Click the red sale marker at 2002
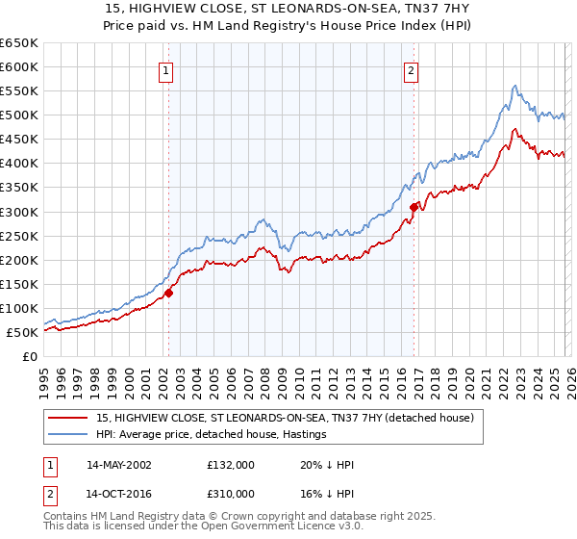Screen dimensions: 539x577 (x=168, y=293)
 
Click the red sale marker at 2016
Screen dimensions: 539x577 (x=414, y=206)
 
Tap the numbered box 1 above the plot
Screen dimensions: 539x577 (x=166, y=69)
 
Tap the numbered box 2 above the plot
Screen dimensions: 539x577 (x=411, y=69)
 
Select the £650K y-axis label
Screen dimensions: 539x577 (x=19, y=43)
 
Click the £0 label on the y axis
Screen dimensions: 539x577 (x=29, y=356)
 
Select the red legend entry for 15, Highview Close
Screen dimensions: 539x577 (x=285, y=419)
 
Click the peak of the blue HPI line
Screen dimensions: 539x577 (x=515, y=86)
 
